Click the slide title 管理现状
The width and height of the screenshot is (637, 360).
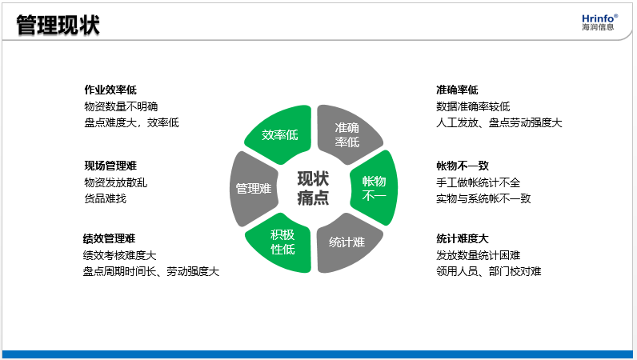tap(58, 25)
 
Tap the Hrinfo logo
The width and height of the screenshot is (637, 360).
tap(599, 22)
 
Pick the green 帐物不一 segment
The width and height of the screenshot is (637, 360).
tap(375, 188)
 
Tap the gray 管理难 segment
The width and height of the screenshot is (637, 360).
tap(254, 189)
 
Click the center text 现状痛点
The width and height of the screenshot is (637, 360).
tap(313, 188)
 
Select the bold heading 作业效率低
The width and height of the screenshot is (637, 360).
tap(110, 90)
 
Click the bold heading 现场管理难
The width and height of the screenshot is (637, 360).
tap(110, 166)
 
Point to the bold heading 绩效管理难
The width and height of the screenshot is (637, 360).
tap(110, 238)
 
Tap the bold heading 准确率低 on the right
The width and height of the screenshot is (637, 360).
tap(457, 90)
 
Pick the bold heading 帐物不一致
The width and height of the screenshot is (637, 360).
tap(463, 166)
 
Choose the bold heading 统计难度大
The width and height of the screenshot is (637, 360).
tap(463, 238)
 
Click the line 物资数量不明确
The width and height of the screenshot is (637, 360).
tap(121, 106)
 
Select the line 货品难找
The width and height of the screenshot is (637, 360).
tap(105, 198)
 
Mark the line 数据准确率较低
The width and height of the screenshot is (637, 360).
tap(473, 106)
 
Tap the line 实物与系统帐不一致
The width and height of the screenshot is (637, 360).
tap(483, 198)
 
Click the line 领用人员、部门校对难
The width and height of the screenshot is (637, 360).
tap(489, 271)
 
